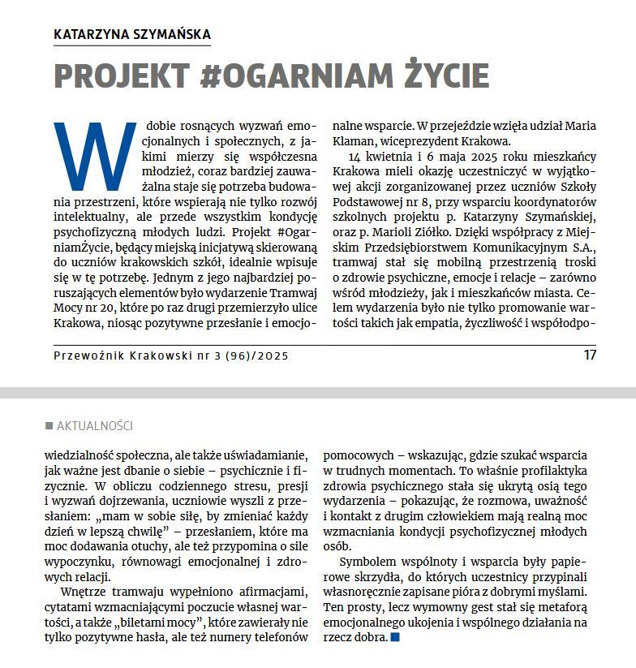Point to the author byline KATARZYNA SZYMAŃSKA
131,34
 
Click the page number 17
590,355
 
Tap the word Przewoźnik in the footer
87,356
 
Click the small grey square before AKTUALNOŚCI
49,426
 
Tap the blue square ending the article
395,638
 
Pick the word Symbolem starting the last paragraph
367,562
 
